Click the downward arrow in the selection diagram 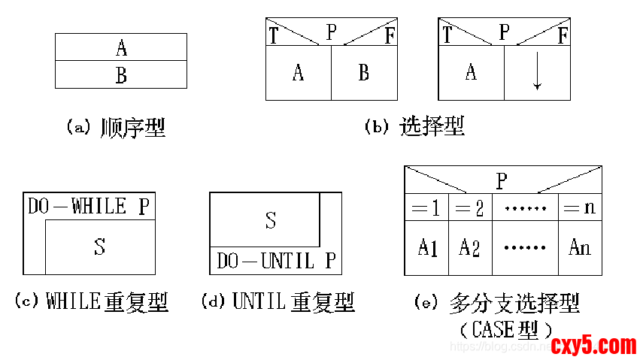tap(537, 74)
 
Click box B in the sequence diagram tap(121, 75)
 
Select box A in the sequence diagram tap(121, 48)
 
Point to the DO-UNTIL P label tap(276, 261)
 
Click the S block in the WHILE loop tap(100, 247)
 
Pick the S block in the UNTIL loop tap(271, 220)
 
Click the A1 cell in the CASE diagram tap(427, 247)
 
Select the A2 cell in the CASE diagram tap(470, 247)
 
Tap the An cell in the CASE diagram tap(579, 247)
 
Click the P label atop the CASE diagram tap(502, 181)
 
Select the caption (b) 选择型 tap(414, 126)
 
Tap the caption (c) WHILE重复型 tap(92, 302)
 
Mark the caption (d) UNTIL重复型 tap(278, 302)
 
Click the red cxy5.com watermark tap(593, 346)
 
